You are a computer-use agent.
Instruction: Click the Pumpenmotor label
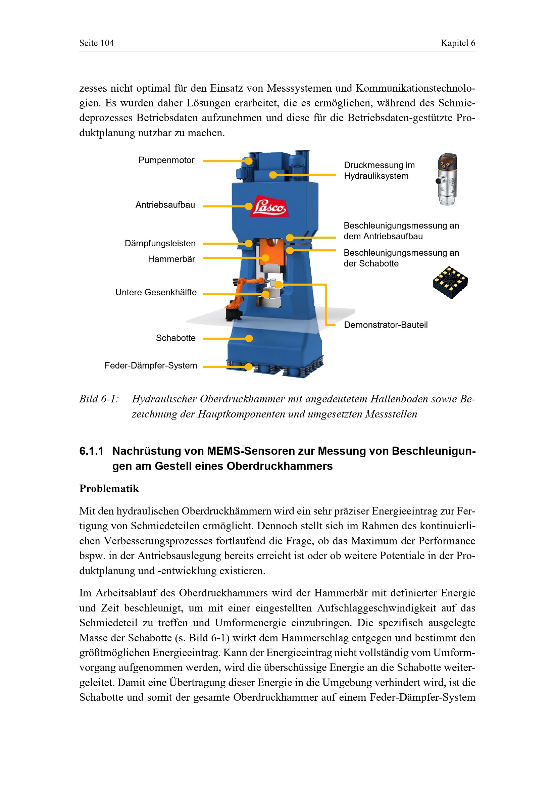click(x=166, y=160)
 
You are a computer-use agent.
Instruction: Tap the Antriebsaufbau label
click(x=165, y=205)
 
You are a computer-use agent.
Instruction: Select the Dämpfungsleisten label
click(x=160, y=243)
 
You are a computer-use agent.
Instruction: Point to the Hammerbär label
click(x=171, y=259)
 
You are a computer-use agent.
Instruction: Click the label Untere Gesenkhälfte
click(x=156, y=292)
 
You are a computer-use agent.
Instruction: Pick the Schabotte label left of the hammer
click(x=175, y=338)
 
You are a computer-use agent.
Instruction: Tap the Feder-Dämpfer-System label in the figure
click(x=151, y=365)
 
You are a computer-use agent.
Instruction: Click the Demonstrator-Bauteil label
click(x=386, y=325)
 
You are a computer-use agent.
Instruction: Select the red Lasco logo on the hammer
click(x=269, y=206)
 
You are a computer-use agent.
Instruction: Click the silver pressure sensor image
click(x=446, y=179)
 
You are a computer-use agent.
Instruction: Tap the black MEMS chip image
click(x=450, y=282)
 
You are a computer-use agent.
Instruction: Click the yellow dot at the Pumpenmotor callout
click(x=249, y=161)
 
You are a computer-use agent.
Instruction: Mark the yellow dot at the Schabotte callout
click(x=249, y=339)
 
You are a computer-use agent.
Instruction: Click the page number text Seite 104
click(x=97, y=43)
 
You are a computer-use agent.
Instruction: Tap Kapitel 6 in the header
click(x=458, y=43)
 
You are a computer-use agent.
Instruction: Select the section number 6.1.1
click(x=91, y=451)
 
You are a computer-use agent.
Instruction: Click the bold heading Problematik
click(x=109, y=489)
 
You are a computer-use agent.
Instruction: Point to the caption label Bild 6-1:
click(x=99, y=399)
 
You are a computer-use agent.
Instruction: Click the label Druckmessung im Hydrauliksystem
click(x=380, y=170)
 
